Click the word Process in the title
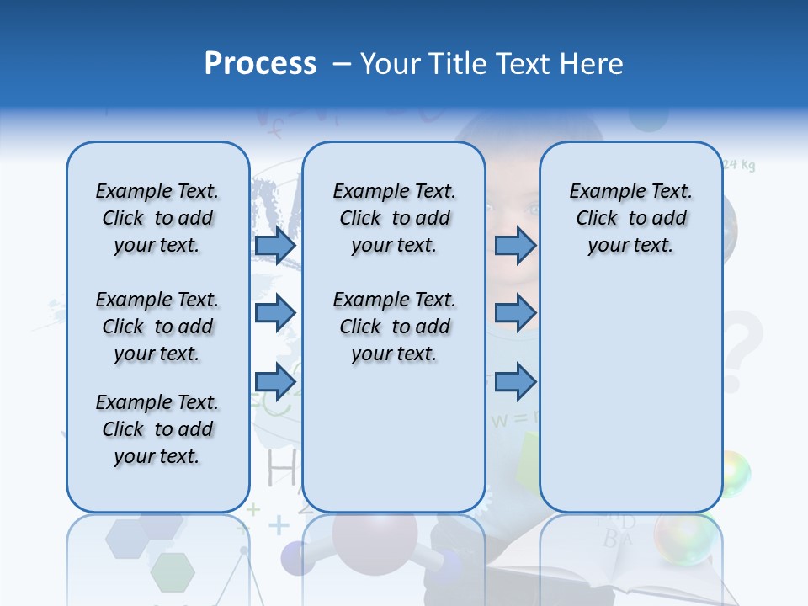[x=260, y=63]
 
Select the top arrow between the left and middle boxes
[x=275, y=246]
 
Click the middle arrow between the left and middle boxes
[x=275, y=313]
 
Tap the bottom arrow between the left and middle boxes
[x=275, y=381]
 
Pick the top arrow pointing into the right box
[x=515, y=246]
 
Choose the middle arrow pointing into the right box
[x=515, y=313]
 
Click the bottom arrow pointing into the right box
[x=515, y=381]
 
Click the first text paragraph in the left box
[x=157, y=218]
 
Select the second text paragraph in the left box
[x=157, y=327]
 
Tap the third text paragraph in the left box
[x=157, y=429]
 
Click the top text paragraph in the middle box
[x=394, y=218]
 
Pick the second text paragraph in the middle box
[x=394, y=327]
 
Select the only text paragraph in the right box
[x=631, y=218]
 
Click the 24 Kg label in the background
[x=739, y=165]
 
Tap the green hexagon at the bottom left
[x=173, y=572]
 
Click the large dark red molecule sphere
[x=375, y=539]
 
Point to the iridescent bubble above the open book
[x=683, y=537]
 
